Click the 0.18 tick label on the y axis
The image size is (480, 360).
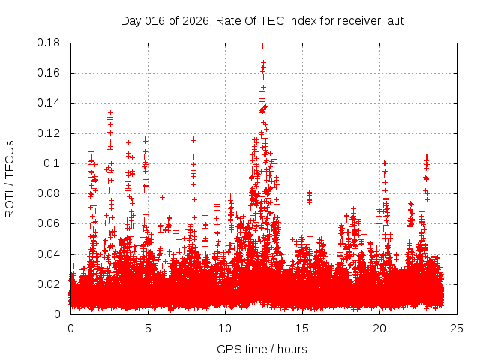[49, 43]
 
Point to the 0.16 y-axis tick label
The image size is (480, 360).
[49, 73]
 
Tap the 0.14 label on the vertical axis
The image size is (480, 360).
[49, 103]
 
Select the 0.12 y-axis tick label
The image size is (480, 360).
[49, 133]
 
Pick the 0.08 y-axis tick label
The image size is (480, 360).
[49, 193]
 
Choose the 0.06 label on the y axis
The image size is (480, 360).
[49, 223]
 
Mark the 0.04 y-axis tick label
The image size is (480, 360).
[49, 253]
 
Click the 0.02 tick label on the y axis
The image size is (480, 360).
[49, 283]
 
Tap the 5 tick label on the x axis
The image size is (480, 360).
[148, 328]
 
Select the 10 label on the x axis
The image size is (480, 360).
[225, 328]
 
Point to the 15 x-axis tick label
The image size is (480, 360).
[302, 328]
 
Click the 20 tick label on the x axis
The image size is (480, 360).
[379, 328]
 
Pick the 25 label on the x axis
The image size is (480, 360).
[457, 328]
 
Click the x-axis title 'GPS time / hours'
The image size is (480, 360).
[262, 349]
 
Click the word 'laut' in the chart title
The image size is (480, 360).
[394, 20]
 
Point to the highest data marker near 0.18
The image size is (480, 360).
[262, 45]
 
